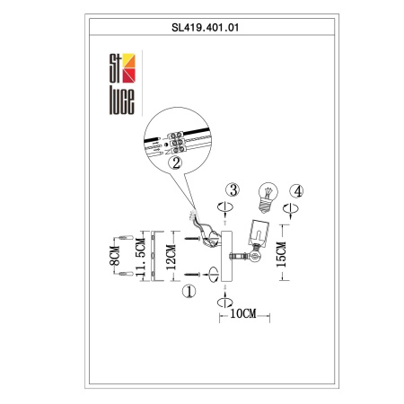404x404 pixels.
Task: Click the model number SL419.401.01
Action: coord(202,28)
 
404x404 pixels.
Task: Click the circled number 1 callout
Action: coord(189,291)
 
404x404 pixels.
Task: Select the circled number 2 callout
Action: coord(177,163)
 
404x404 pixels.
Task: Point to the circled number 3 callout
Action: coord(233,190)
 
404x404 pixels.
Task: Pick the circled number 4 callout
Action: coord(297,190)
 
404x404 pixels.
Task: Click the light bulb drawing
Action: coord(266,195)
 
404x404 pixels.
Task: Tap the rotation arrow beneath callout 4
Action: coord(290,207)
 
